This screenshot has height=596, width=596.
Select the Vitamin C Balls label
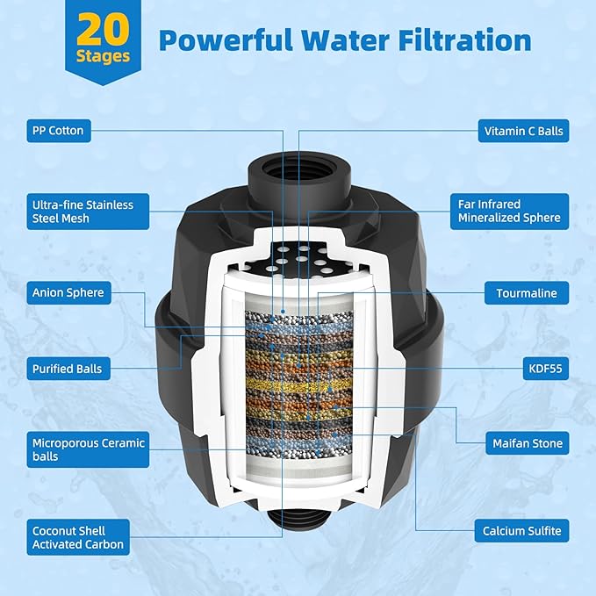pyautogui.click(x=523, y=132)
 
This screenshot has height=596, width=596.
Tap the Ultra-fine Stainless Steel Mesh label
pyautogui.click(x=83, y=212)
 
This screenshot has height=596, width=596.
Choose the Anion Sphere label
pyautogui.click(x=68, y=293)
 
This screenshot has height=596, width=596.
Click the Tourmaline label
pyautogui.click(x=526, y=293)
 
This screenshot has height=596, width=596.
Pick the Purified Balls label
pyautogui.click(x=68, y=369)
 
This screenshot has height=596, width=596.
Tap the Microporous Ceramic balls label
pyautogui.click(x=88, y=449)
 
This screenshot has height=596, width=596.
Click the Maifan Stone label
pyautogui.click(x=526, y=445)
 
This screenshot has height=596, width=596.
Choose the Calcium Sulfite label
pyautogui.click(x=521, y=531)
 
